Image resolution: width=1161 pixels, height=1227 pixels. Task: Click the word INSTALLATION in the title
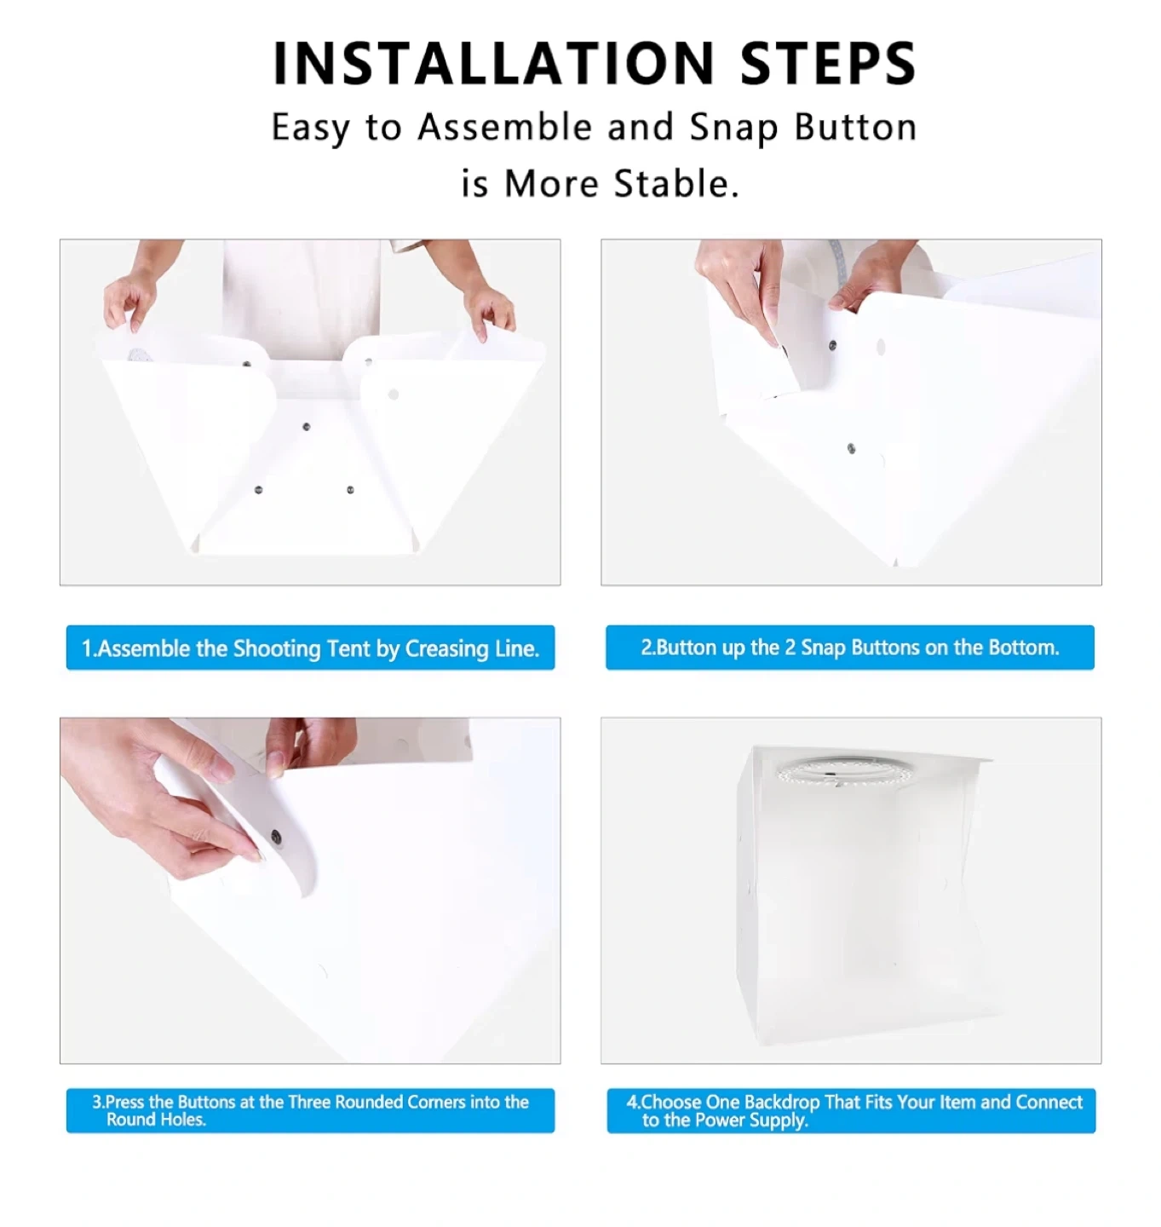(493, 63)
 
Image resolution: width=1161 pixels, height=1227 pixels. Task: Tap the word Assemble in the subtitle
(505, 127)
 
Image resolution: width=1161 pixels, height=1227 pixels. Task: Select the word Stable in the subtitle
(676, 183)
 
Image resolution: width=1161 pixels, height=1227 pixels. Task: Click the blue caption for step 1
(310, 648)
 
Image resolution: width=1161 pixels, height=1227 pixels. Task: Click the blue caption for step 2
(850, 648)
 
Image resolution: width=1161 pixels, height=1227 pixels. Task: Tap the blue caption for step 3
(310, 1110)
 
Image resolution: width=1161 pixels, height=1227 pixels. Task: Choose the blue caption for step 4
(851, 1111)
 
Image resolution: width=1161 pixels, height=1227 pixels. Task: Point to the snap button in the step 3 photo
(275, 837)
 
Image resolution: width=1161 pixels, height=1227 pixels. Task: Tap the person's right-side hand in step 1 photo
(489, 312)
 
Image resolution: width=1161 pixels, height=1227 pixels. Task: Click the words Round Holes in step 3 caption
(156, 1119)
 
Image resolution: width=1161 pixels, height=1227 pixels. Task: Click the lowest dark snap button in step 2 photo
(851, 449)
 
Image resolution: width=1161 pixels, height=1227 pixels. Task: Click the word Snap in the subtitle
(733, 128)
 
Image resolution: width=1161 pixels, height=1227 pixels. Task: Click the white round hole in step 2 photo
(880, 347)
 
